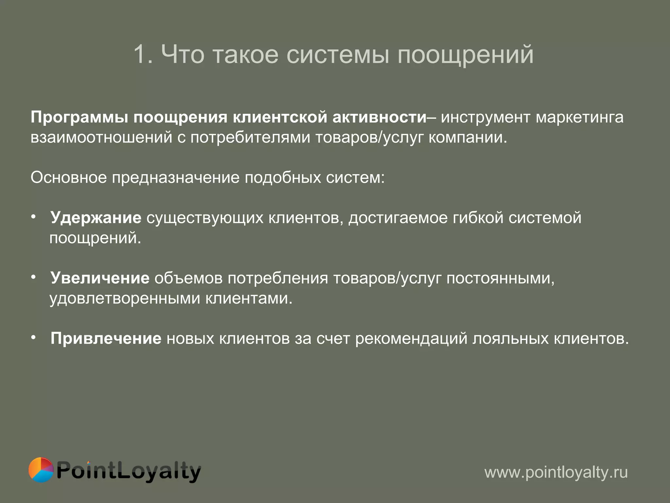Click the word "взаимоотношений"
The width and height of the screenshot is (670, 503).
pyautogui.click(x=101, y=138)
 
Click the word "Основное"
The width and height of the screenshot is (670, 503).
pyautogui.click(x=69, y=178)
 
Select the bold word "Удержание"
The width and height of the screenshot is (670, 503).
pyautogui.click(x=96, y=218)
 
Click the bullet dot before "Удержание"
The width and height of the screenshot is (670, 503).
pyautogui.click(x=33, y=217)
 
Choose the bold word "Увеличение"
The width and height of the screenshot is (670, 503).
pyautogui.click(x=100, y=278)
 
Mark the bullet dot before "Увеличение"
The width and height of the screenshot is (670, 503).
pyautogui.click(x=33, y=277)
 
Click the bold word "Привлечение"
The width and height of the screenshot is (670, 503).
pyautogui.click(x=106, y=339)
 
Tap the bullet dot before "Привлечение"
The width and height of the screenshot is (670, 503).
pyautogui.click(x=33, y=338)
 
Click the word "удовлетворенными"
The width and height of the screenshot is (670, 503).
pyautogui.click(x=125, y=299)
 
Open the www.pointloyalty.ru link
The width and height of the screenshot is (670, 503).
pyautogui.click(x=556, y=473)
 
